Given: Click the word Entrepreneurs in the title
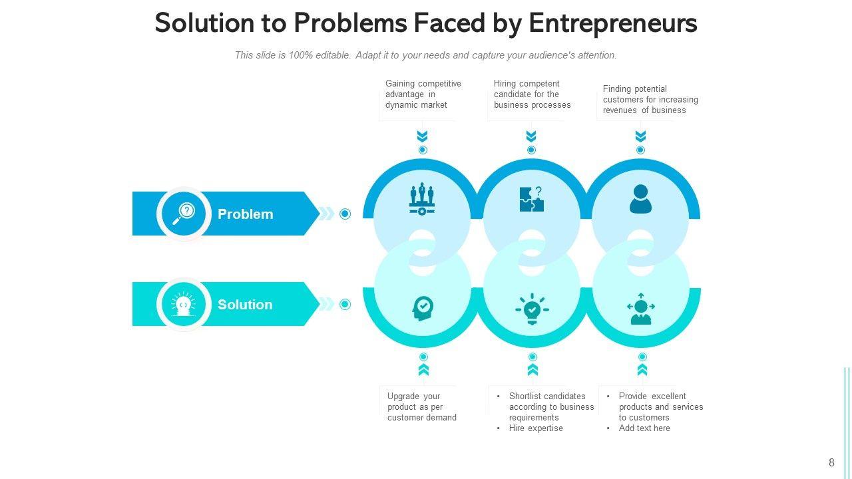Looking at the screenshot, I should (612, 23).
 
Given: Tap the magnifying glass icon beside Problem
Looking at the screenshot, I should (184, 214).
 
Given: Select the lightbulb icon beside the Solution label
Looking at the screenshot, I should (184, 304).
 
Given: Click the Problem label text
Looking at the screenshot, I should (245, 214).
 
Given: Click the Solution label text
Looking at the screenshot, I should (245, 305).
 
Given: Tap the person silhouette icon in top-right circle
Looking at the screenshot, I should (640, 199).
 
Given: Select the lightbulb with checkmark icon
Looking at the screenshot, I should (532, 309).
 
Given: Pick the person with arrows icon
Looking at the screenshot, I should (641, 309).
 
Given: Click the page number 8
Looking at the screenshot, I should (831, 463).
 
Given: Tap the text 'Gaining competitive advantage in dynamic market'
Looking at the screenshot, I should (423, 94).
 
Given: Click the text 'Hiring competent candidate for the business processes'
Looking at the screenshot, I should (532, 94).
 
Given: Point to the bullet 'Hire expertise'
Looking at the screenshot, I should (535, 428).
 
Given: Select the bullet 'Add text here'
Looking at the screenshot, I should (644, 428).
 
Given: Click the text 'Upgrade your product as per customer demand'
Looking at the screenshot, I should (421, 407).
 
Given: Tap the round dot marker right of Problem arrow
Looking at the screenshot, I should (345, 214).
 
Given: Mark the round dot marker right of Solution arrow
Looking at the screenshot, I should (345, 304).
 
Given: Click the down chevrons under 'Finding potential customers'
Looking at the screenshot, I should (640, 136).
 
